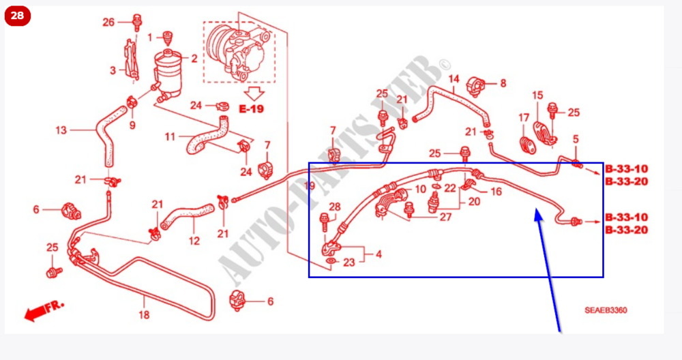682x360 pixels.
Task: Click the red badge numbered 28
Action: click(x=18, y=16)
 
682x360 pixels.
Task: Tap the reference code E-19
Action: click(x=252, y=108)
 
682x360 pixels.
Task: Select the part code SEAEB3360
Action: click(x=606, y=310)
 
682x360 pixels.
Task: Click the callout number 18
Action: click(x=144, y=314)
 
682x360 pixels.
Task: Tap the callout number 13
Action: click(x=61, y=130)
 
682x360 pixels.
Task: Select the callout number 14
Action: click(x=454, y=79)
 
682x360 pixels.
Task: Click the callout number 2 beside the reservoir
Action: click(x=194, y=58)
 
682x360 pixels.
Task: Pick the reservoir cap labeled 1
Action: click(x=166, y=37)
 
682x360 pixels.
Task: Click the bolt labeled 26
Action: click(x=137, y=22)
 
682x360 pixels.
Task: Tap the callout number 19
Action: click(x=309, y=187)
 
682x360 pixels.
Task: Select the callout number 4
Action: click(x=379, y=254)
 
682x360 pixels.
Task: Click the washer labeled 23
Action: click(x=331, y=261)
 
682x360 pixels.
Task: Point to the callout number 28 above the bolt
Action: click(x=334, y=207)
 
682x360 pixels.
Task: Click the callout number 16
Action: click(x=496, y=192)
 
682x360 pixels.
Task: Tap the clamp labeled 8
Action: click(x=475, y=86)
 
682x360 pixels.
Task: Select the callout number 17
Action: click(x=524, y=118)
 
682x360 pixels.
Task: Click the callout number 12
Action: click(x=194, y=241)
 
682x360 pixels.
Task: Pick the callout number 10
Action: click(x=420, y=189)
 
